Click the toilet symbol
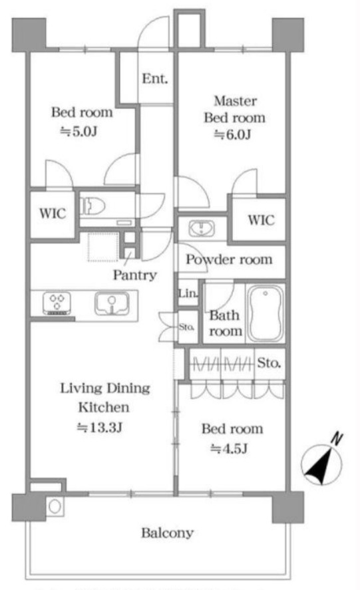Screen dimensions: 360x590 click(x=92, y=206)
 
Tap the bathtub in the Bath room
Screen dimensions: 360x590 click(x=265, y=313)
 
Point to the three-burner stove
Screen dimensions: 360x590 click(x=57, y=303)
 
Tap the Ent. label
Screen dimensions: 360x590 click(x=155, y=78)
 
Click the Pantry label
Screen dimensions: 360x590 click(x=135, y=275)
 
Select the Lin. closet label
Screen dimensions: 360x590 click(x=188, y=293)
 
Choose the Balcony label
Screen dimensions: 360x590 click(x=168, y=533)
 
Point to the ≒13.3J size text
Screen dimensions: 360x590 click(x=99, y=428)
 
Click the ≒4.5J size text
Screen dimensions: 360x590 click(x=229, y=448)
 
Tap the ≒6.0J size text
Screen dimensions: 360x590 click(x=232, y=134)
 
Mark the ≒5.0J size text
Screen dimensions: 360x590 click(x=79, y=131)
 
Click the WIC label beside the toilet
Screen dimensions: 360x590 click(x=53, y=214)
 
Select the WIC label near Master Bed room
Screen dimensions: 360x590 click(x=261, y=220)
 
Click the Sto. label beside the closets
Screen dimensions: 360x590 click(x=269, y=363)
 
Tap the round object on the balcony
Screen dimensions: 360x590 click(x=55, y=506)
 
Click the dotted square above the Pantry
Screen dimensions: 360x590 click(x=103, y=247)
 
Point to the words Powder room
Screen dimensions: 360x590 click(x=229, y=259)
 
